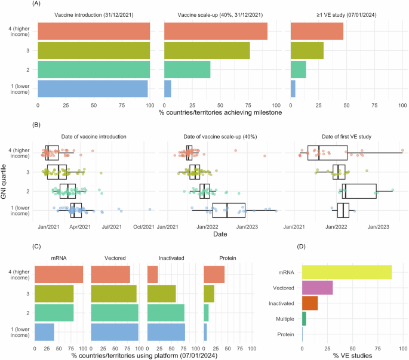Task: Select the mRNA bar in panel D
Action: [346, 272]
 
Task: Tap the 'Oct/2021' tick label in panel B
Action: [143, 227]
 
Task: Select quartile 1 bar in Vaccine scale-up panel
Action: [167, 88]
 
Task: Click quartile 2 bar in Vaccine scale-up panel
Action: [187, 69]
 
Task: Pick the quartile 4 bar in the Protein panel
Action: [214, 274]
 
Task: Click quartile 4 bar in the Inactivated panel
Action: [152, 274]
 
